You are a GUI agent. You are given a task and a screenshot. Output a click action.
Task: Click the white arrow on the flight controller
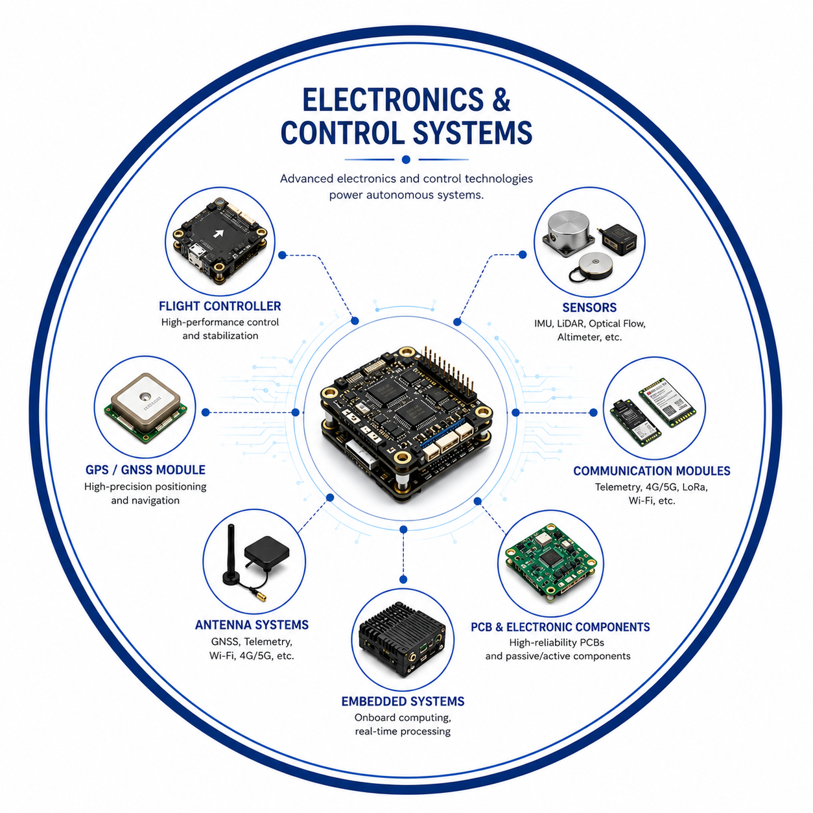click(x=218, y=233)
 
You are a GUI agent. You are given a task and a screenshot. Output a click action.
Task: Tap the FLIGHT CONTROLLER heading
click(x=220, y=306)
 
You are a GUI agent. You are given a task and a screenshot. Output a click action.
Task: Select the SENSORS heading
click(x=589, y=307)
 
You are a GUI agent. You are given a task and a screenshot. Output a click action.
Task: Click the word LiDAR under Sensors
click(x=570, y=324)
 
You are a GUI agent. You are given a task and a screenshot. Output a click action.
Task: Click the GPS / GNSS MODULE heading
click(x=145, y=470)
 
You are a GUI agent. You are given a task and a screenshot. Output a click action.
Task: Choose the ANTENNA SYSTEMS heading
click(x=252, y=625)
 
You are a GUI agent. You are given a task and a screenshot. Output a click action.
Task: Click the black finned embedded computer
click(x=403, y=640)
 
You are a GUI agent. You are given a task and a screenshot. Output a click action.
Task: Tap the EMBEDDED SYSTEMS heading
click(x=403, y=701)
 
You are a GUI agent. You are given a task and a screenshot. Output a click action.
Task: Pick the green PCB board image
click(x=550, y=562)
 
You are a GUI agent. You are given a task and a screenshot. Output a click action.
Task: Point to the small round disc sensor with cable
click(x=595, y=265)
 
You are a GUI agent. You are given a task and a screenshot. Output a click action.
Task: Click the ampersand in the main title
click(x=501, y=100)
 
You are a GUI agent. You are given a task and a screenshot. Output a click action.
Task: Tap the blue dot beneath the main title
click(x=406, y=159)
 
